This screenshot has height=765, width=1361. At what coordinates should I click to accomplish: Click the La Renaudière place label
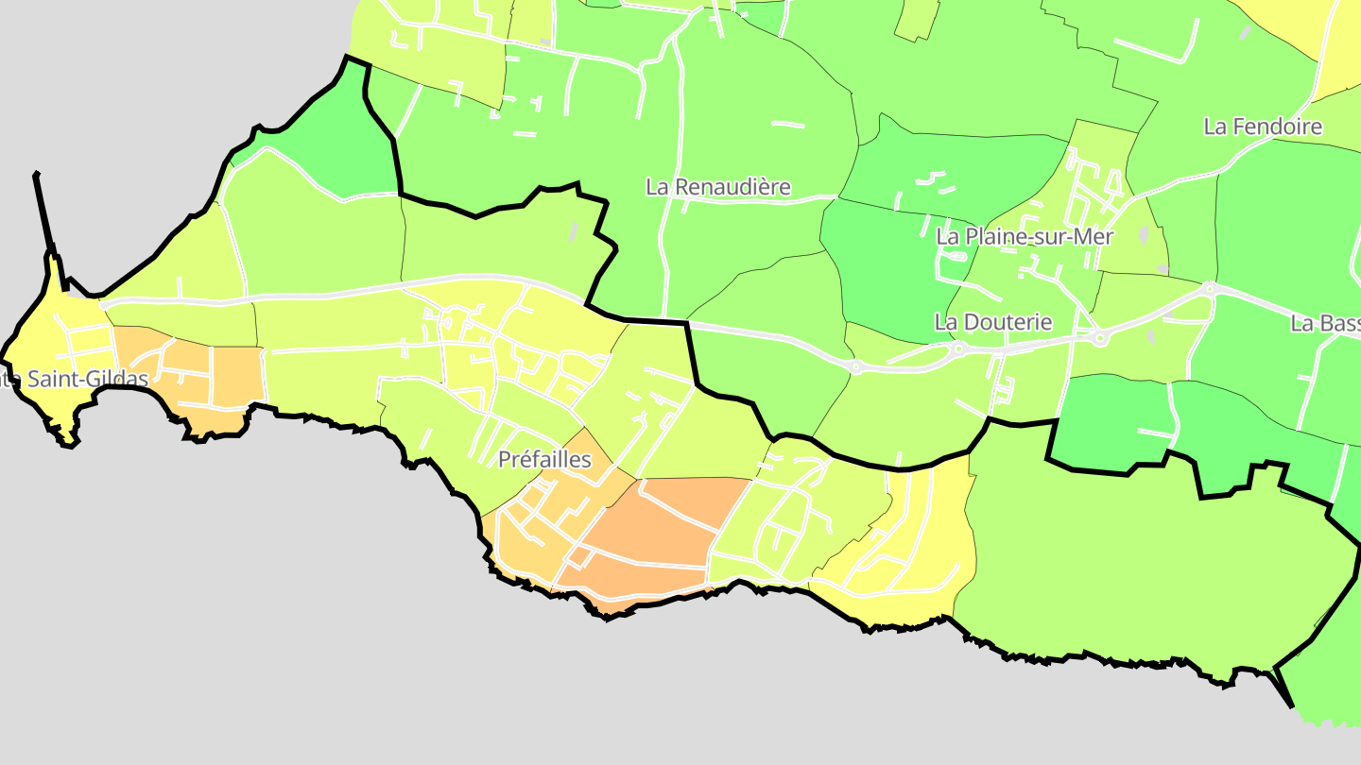click(717, 187)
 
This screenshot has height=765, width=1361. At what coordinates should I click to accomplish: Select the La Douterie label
click(992, 322)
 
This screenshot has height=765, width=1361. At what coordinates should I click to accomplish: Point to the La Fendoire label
click(1262, 127)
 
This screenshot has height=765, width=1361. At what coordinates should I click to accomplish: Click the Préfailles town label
click(544, 460)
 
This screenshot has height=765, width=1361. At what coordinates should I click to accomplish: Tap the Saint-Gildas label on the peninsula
click(76, 380)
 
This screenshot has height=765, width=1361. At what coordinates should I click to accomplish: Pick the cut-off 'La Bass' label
click(1325, 324)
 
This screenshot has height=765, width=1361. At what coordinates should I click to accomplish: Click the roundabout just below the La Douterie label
click(958, 348)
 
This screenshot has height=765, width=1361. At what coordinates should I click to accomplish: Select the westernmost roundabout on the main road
click(855, 366)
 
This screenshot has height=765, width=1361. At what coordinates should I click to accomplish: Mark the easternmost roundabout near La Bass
click(1210, 288)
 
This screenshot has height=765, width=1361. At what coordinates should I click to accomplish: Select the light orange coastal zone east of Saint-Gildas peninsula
click(203, 373)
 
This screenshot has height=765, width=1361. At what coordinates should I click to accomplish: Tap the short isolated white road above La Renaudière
click(787, 124)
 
